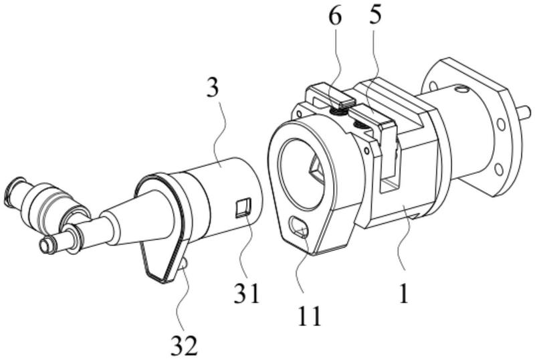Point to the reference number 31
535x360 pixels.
pyautogui.click(x=247, y=293)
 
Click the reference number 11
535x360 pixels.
pyautogui.click(x=310, y=317)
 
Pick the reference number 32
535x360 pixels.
pyautogui.click(x=185, y=346)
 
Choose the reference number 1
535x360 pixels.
pyautogui.click(x=404, y=294)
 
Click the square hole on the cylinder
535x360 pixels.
pyautogui.click(x=244, y=208)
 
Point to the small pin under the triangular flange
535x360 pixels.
pyautogui.click(x=183, y=263)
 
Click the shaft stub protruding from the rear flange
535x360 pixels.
pyautogui.click(x=525, y=111)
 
